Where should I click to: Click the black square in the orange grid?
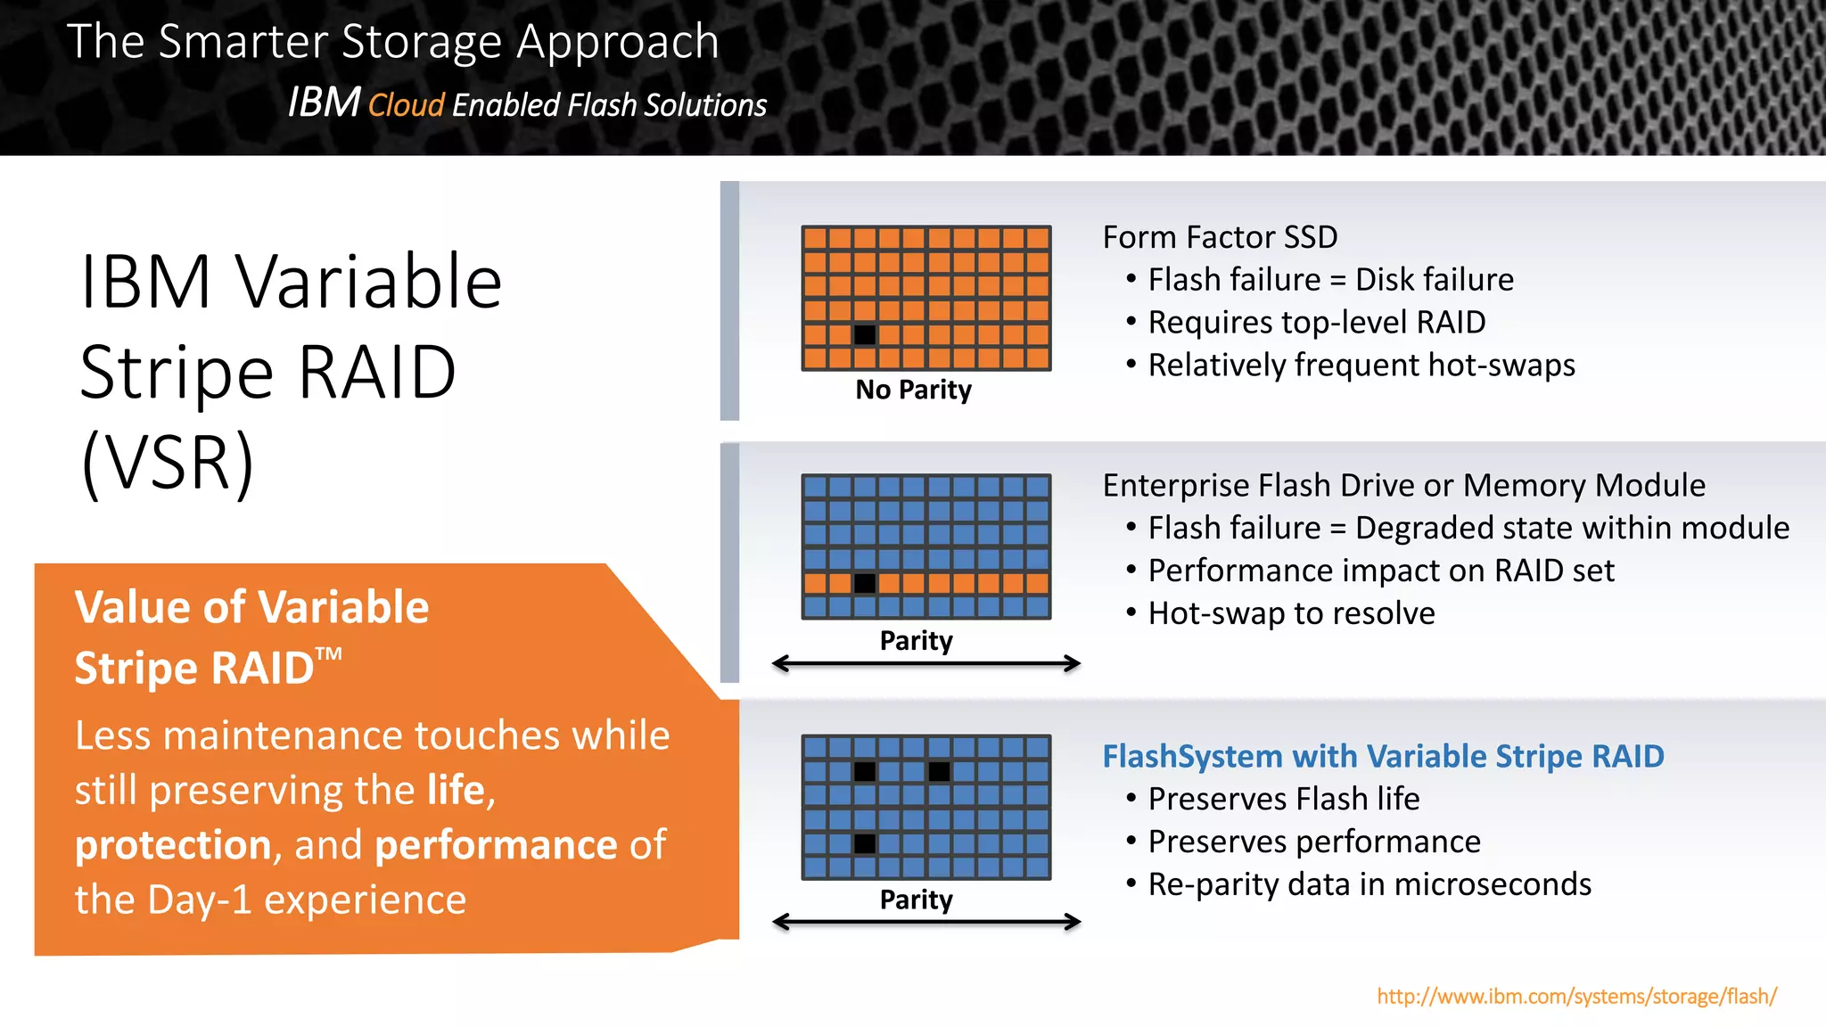point(864,335)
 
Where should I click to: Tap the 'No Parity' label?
point(913,390)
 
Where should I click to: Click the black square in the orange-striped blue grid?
point(864,584)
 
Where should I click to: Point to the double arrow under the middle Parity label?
point(925,663)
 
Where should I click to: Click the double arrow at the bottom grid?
point(925,922)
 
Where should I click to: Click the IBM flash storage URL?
point(1576,996)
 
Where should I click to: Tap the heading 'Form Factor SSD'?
point(1220,237)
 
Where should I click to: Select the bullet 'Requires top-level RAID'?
point(1316,323)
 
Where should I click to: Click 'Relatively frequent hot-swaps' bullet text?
point(1361,366)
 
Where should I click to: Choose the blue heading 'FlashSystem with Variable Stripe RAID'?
point(1383,756)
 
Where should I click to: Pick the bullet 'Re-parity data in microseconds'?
point(1369,884)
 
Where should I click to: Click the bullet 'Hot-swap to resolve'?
point(1291,613)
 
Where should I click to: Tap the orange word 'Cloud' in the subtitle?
point(406,105)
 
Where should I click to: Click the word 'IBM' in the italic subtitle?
point(324,103)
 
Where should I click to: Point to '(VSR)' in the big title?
point(168,463)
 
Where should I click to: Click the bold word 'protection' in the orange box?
point(173,845)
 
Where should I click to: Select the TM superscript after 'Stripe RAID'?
point(329,653)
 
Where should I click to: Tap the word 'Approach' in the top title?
point(617,43)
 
